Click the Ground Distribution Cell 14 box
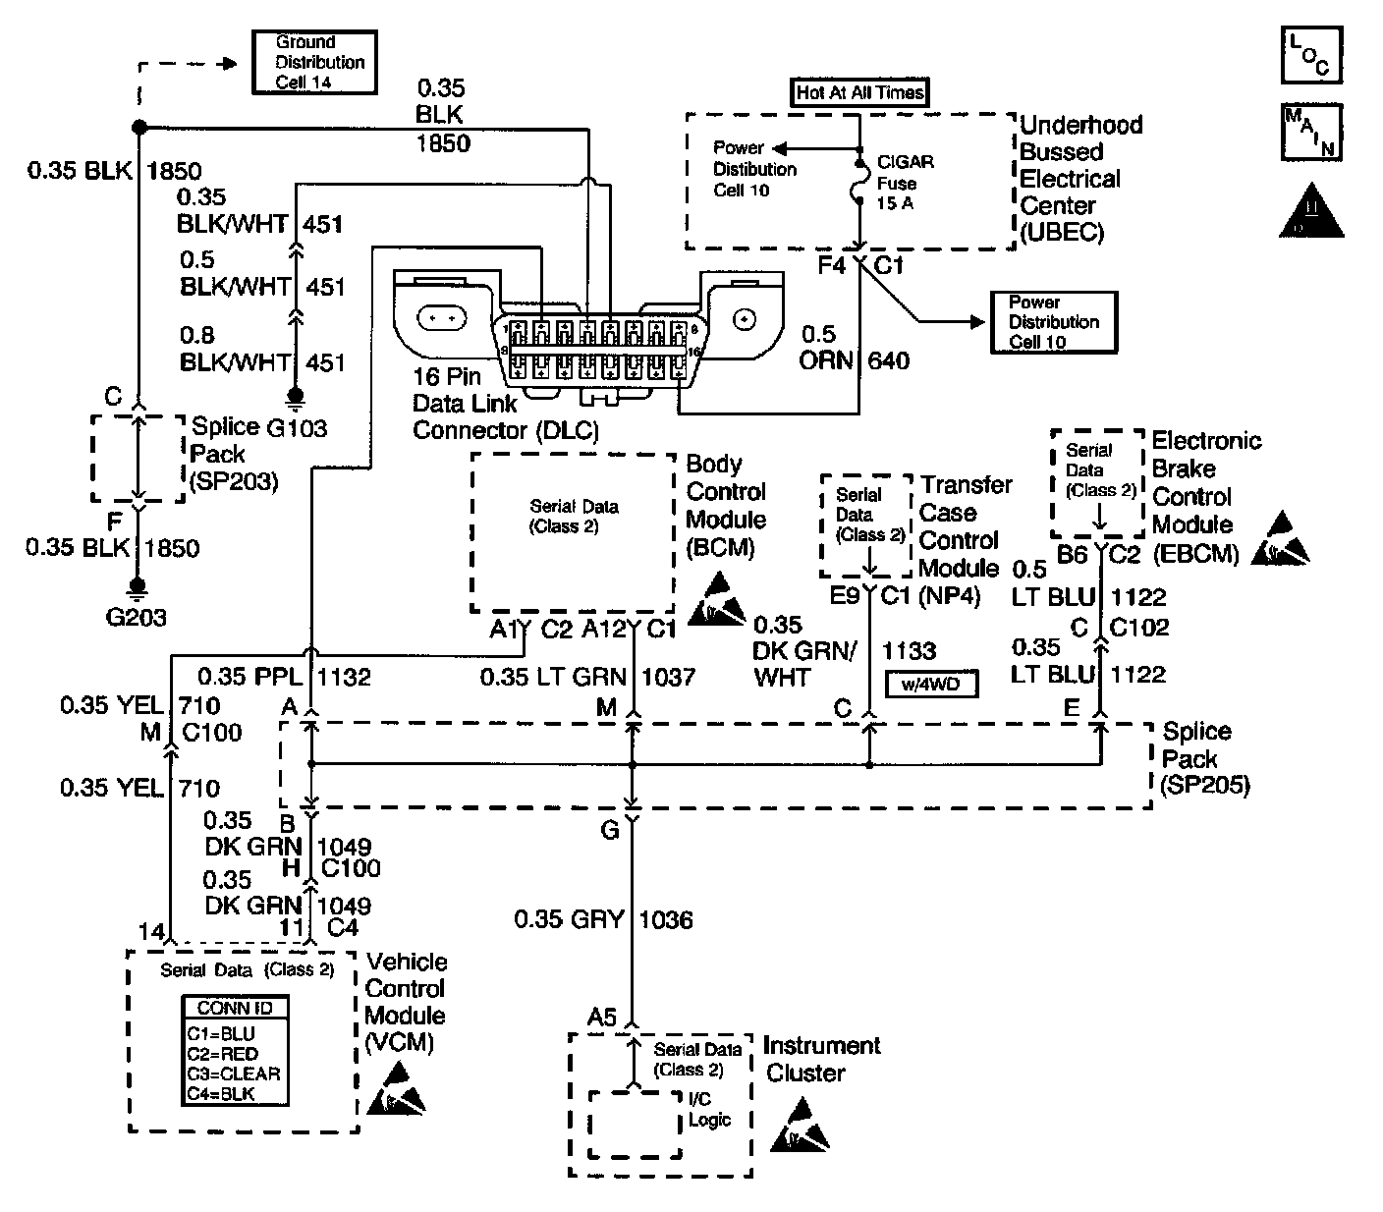[314, 62]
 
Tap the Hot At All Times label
[859, 92]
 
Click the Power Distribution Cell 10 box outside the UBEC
[1054, 322]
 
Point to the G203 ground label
[137, 618]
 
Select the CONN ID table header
[236, 1008]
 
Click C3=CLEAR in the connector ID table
[234, 1074]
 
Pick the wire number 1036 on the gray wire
[665, 919]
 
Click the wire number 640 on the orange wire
[888, 360]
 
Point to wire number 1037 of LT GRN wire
[668, 676]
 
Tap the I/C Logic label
[710, 1109]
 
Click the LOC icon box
[1310, 55]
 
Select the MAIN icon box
[1310, 132]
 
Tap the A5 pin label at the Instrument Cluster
[603, 1018]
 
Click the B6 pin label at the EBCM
[1072, 555]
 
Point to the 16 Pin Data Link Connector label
[505, 404]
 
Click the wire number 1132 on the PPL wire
[344, 676]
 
